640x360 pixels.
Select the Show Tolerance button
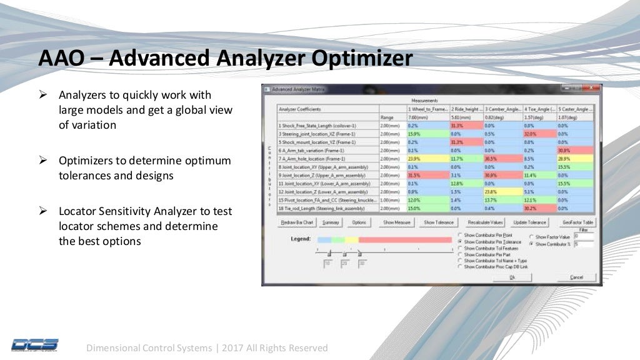pos(438,222)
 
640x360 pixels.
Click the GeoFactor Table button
pos(579,222)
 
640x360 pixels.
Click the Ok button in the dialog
pos(512,277)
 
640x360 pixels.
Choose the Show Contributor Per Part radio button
pos(461,254)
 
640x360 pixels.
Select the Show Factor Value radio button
pos(531,237)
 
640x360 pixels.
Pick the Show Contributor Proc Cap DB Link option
pos(461,267)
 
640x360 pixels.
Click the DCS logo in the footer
pos(34,344)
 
